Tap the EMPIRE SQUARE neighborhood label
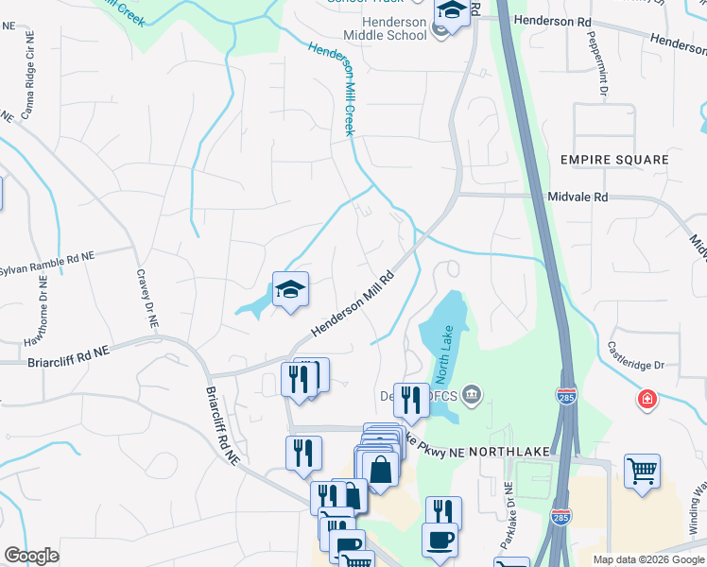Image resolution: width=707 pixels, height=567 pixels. click(x=614, y=160)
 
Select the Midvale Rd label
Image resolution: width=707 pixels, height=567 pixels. click(x=578, y=197)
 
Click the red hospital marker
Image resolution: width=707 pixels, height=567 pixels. click(x=647, y=399)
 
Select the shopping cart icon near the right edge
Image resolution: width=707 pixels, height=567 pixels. click(x=642, y=470)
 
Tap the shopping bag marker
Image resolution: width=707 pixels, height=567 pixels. click(x=379, y=469)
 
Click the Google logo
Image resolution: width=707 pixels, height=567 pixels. click(x=31, y=556)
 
